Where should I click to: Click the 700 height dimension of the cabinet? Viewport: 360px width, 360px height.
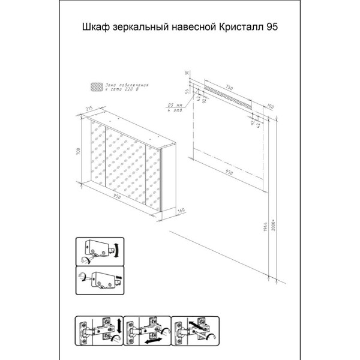pos(77,152)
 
